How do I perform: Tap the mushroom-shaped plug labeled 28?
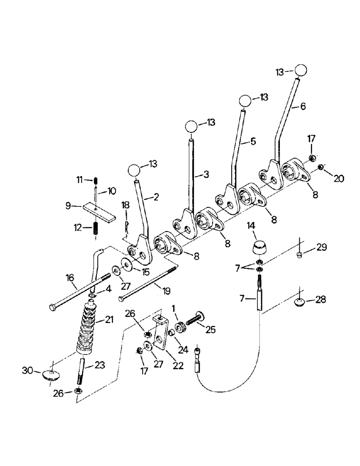click(x=303, y=303)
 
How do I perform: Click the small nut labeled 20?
click(x=320, y=167)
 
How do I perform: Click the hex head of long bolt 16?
click(x=52, y=307)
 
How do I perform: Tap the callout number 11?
click(x=80, y=179)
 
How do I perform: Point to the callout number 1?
click(x=173, y=308)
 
